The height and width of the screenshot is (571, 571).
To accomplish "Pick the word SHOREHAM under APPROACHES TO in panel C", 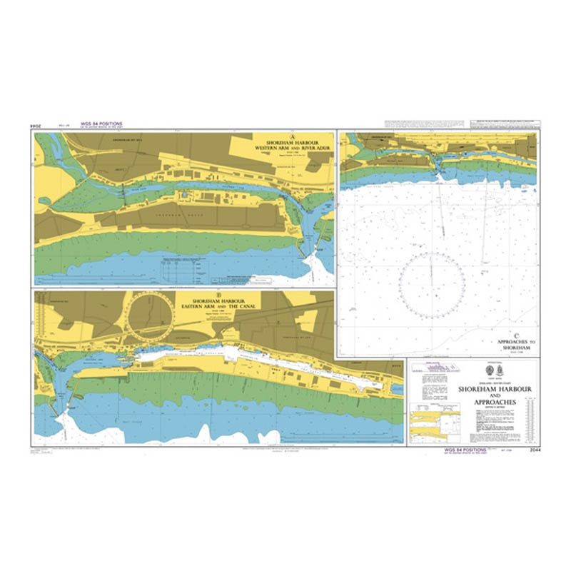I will (x=509, y=348).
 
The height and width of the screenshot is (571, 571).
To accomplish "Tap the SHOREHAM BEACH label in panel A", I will (x=169, y=211).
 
